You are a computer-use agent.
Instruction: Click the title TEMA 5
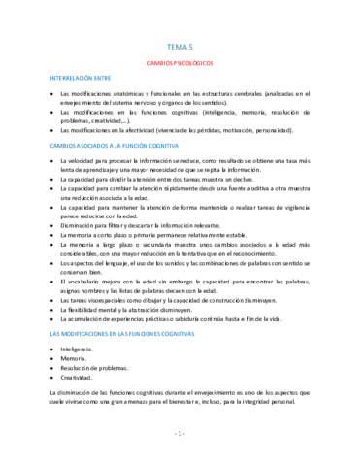(180, 46)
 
